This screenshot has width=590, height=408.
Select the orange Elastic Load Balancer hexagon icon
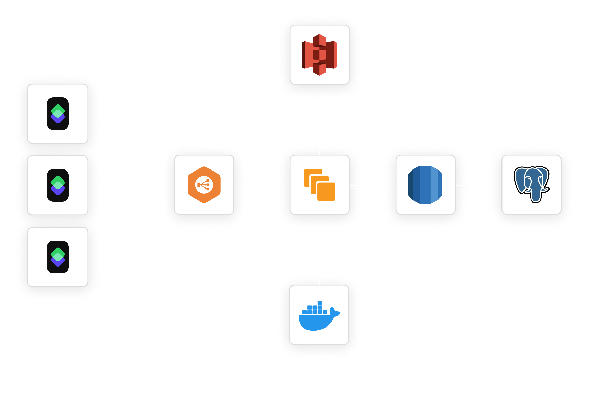click(204, 185)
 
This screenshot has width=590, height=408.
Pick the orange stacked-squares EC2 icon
click(319, 185)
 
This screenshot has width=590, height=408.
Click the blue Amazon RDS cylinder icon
click(425, 185)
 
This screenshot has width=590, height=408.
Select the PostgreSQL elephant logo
click(531, 184)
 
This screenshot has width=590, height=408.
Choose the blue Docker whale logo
click(319, 316)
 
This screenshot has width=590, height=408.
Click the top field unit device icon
click(58, 114)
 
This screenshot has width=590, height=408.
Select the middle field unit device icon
click(58, 185)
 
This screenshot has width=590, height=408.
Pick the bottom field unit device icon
click(58, 257)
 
